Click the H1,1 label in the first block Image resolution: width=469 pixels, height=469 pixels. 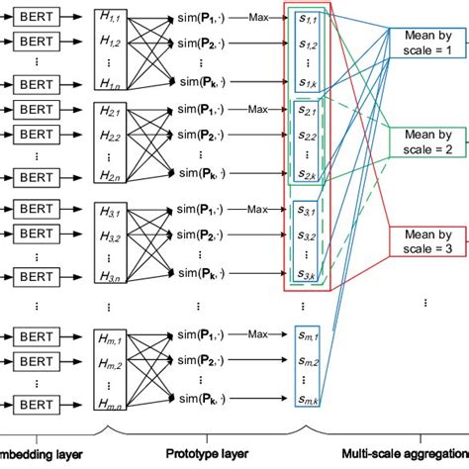coord(112,18)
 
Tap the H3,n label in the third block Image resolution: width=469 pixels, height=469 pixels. coord(112,274)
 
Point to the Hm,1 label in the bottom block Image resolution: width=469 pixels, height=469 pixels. coord(112,338)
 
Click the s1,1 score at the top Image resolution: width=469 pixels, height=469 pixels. coord(310,20)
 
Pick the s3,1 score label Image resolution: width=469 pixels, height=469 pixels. coord(310,211)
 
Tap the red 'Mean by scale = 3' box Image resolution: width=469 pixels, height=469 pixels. coord(422,240)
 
